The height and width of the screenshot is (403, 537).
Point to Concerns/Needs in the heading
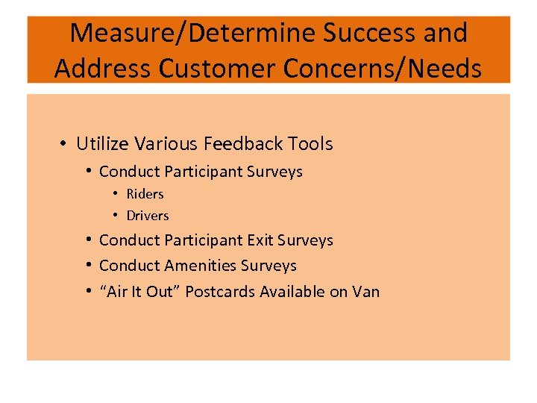click(380, 68)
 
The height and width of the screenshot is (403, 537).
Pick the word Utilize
click(101, 143)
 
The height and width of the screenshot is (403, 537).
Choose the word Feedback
click(244, 143)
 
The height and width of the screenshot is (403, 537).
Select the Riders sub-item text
click(145, 194)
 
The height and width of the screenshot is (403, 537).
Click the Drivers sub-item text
click(148, 216)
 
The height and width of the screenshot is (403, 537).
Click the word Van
click(365, 291)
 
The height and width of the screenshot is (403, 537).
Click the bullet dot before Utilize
click(66, 143)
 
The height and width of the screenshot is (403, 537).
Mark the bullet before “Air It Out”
click(88, 291)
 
